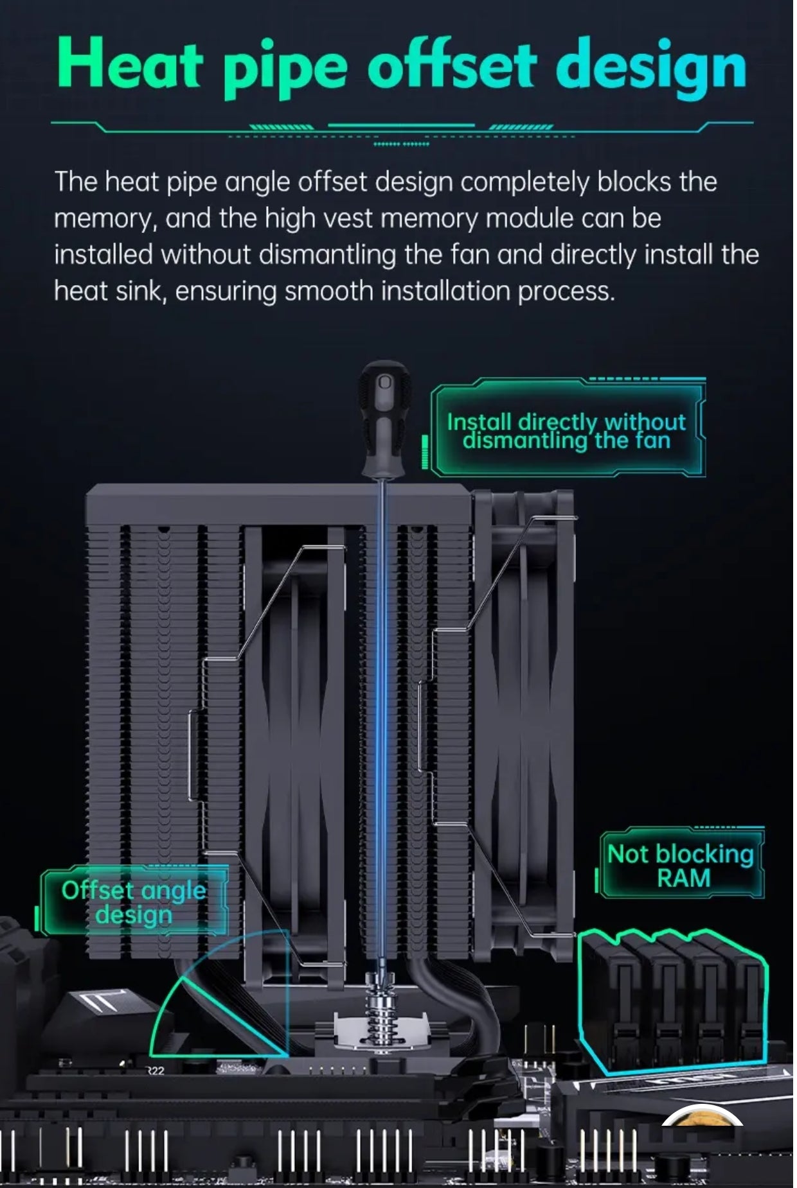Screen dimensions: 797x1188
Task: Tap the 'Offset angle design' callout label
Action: pyautogui.click(x=134, y=902)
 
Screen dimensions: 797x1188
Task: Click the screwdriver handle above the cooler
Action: pyautogui.click(x=384, y=417)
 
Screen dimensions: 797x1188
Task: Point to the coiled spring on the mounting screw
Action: pyautogui.click(x=384, y=1015)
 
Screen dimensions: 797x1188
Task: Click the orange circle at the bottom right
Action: pyautogui.click(x=703, y=1117)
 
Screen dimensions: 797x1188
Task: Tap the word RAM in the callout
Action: pyautogui.click(x=683, y=878)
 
